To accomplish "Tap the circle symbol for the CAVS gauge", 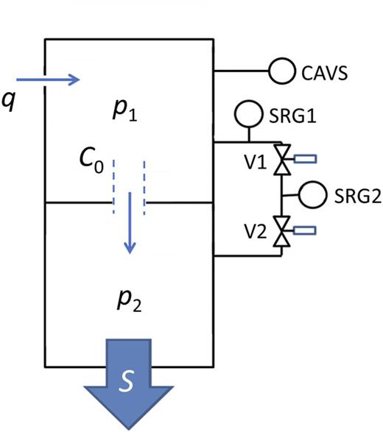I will point(282,72).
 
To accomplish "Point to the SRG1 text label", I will point(291,115).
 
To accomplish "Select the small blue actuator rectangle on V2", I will point(305,230).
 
